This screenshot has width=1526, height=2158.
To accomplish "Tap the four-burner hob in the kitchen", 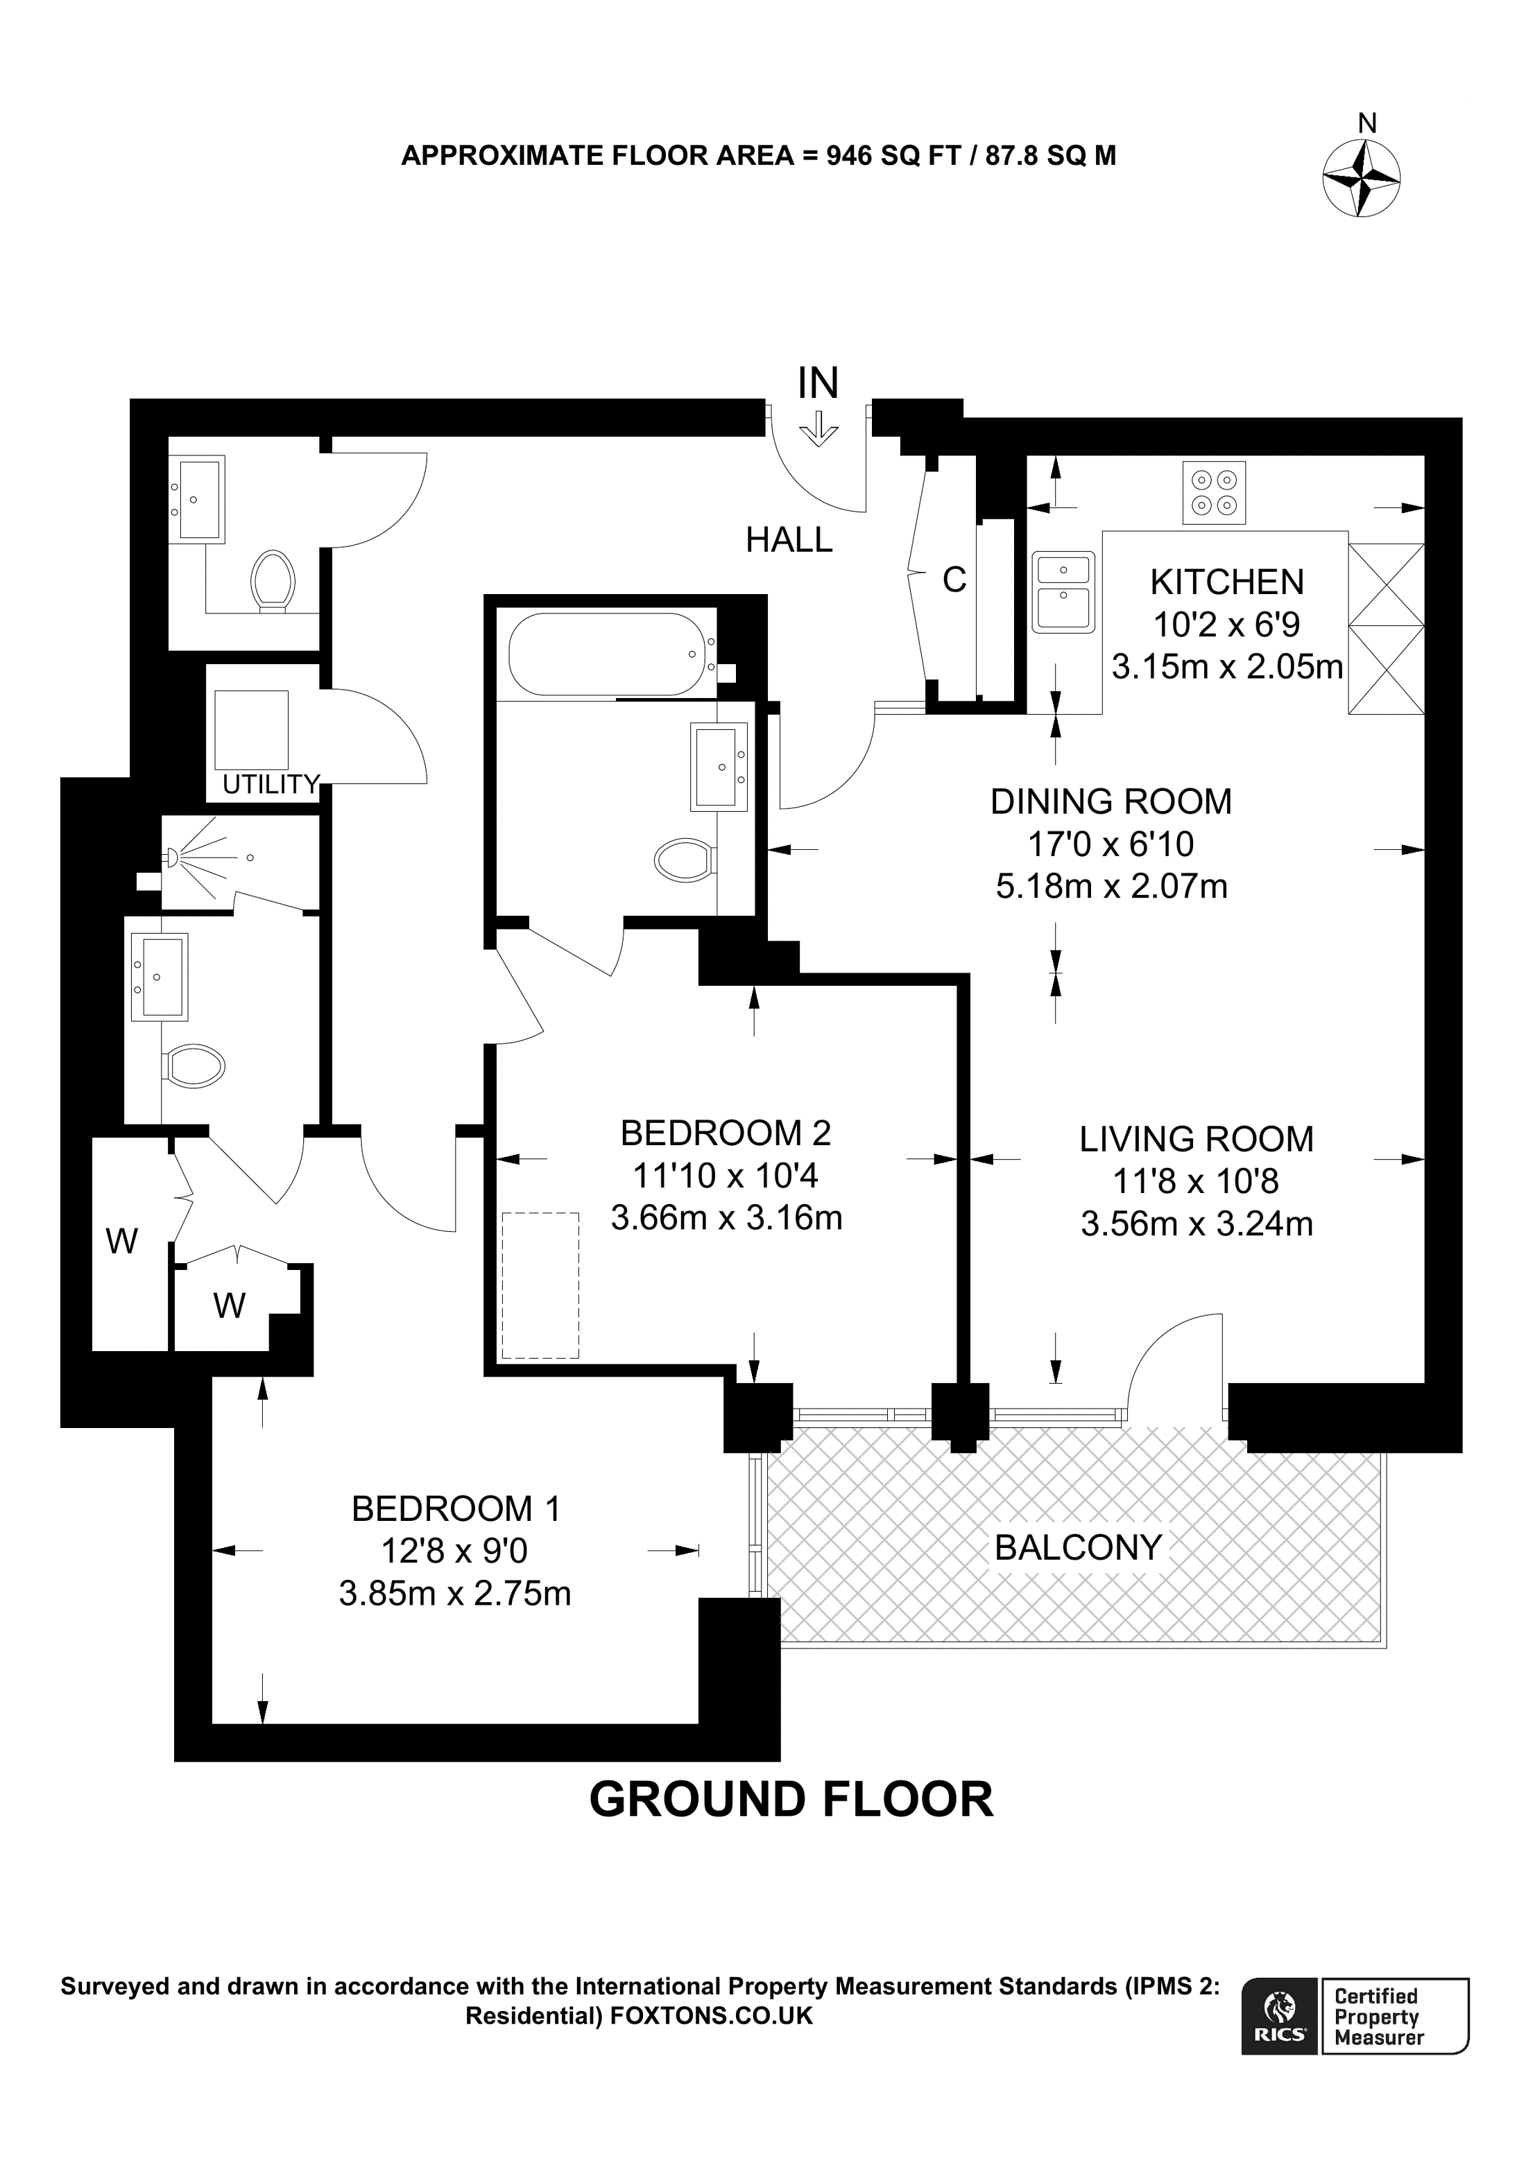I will coord(1214,491).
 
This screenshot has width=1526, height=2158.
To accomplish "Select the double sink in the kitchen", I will coord(1063,591).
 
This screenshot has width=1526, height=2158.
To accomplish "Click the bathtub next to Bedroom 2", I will coord(608,654).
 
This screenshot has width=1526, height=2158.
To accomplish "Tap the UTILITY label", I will coord(271,784).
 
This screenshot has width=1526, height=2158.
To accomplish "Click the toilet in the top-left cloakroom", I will coord(273,580).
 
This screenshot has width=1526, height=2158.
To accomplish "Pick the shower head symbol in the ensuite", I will coord(172,856).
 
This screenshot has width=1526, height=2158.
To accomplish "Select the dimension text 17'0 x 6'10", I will coord(1111,844).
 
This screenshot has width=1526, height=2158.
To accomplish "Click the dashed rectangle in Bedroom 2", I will coord(540,1285).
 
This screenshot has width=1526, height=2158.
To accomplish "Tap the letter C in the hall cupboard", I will coord(954,581).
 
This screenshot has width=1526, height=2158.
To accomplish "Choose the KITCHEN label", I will coord(1226,583).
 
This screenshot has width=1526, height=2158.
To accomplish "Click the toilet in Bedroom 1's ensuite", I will coord(194,1066).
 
